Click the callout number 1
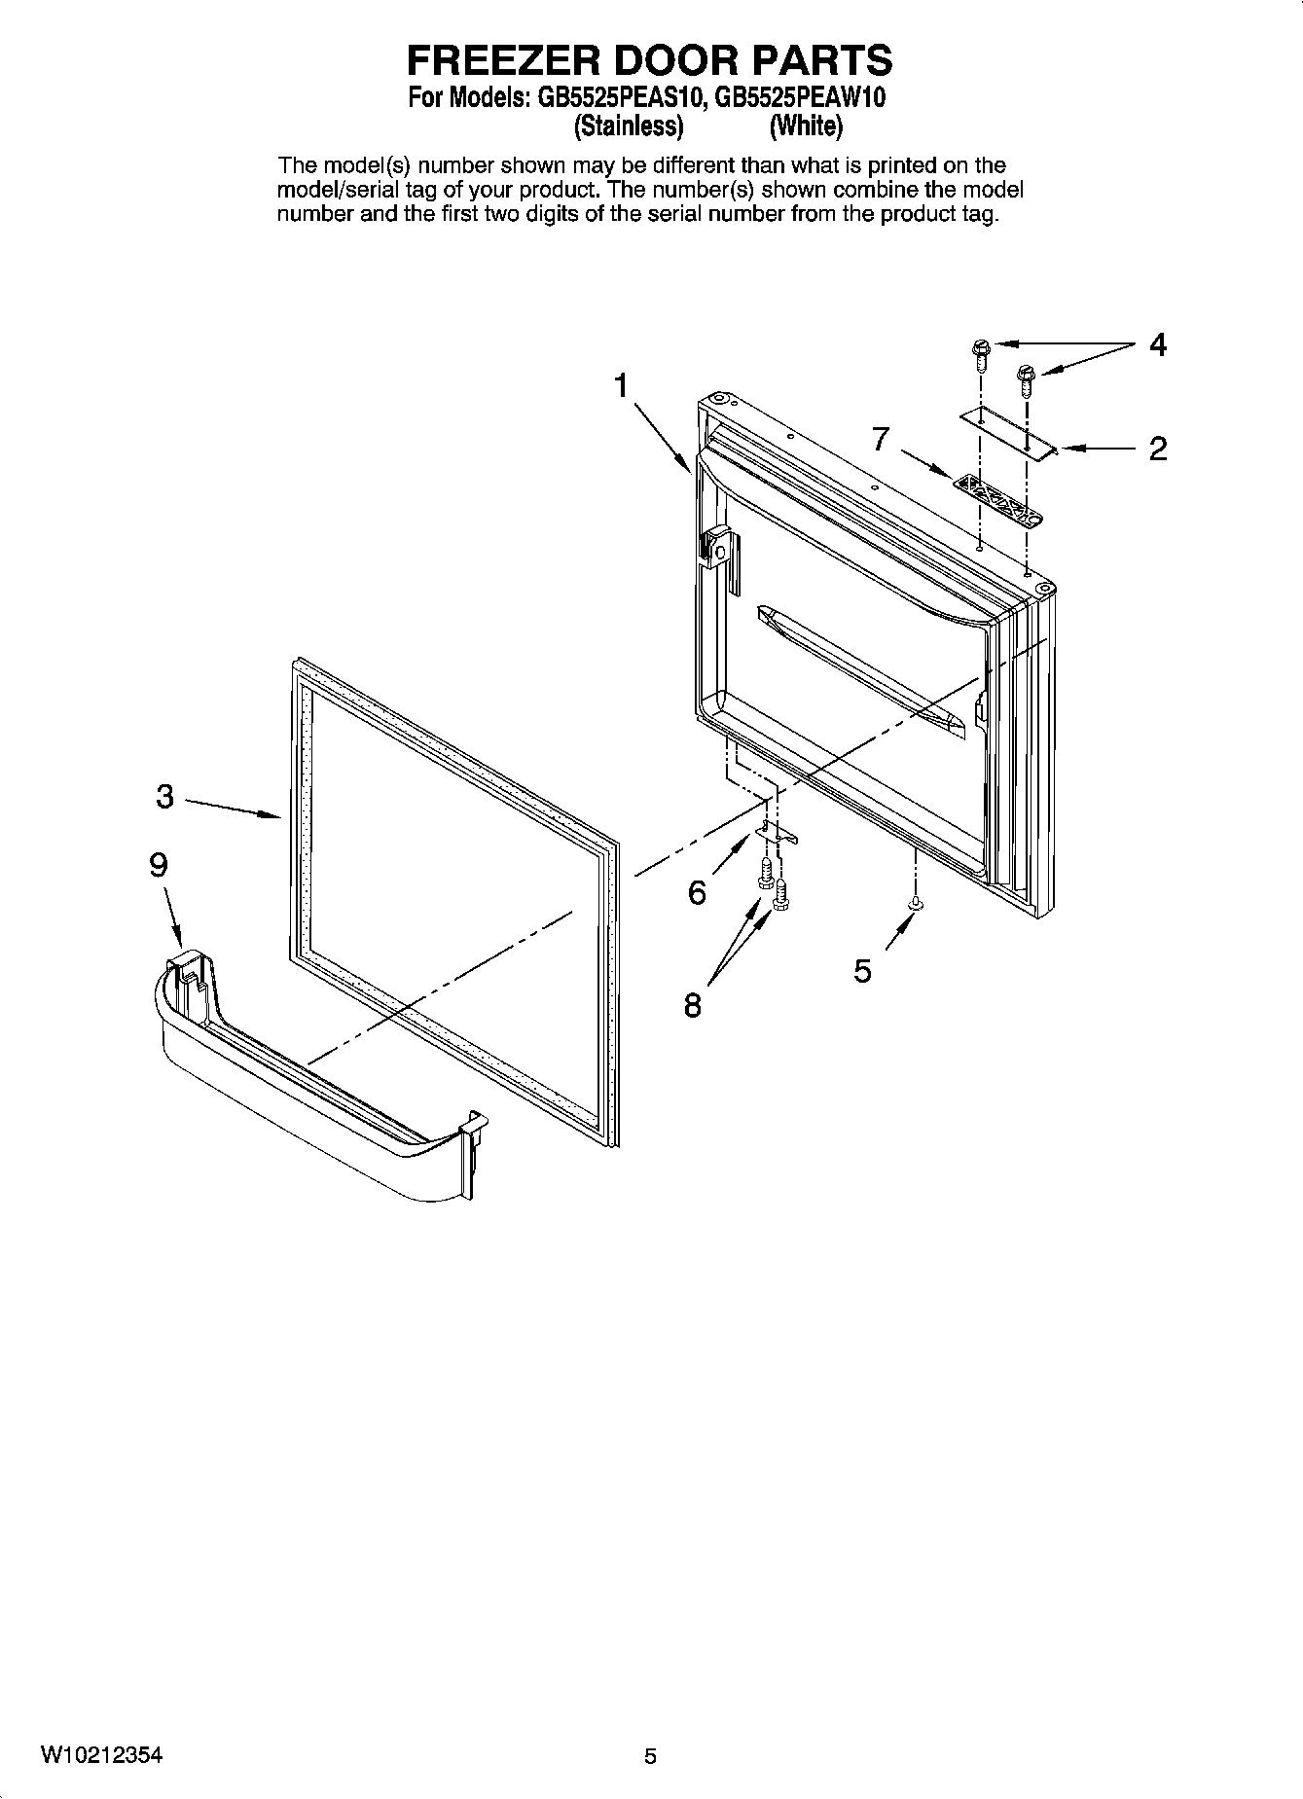click(621, 386)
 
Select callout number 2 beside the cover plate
click(1157, 449)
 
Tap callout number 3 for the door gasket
click(164, 797)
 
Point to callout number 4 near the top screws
click(1157, 344)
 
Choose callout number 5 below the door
click(862, 970)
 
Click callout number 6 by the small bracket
click(697, 892)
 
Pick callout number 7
click(880, 439)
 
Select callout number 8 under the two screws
click(692, 1005)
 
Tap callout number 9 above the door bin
click(158, 865)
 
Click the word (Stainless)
click(628, 126)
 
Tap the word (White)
click(805, 126)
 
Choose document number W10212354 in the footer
click(101, 1756)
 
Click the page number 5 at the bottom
click(650, 1757)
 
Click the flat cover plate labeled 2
click(1007, 432)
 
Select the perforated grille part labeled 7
click(993, 499)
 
